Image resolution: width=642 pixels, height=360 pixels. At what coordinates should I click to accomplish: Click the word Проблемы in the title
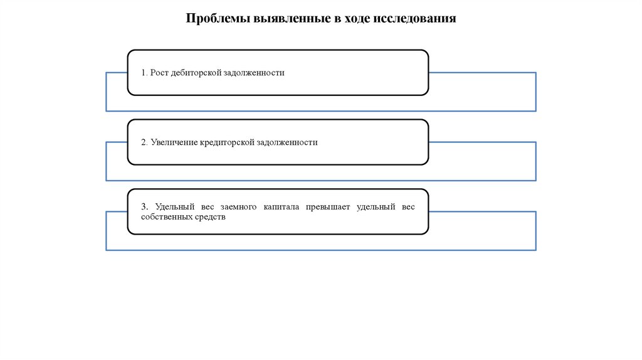(217, 18)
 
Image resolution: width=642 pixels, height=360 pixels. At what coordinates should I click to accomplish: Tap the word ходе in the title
(355, 18)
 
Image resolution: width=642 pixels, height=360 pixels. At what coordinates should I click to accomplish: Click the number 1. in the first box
(144, 73)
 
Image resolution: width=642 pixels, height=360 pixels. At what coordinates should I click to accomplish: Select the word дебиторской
(194, 73)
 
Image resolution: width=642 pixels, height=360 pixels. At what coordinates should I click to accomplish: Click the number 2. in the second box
(144, 142)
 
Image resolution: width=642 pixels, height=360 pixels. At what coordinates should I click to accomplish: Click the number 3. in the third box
(144, 207)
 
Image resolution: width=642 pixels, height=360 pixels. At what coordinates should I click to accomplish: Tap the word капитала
(280, 207)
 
